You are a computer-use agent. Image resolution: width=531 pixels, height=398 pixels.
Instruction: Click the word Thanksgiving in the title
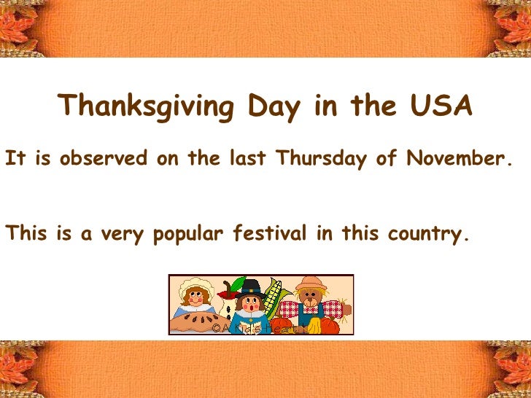pos(147,107)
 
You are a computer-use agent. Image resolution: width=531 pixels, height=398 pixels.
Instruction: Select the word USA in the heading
pos(441,106)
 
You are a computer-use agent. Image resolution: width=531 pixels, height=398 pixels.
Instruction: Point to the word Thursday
pos(320,157)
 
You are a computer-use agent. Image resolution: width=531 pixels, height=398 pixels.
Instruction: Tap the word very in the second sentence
pos(123,235)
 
